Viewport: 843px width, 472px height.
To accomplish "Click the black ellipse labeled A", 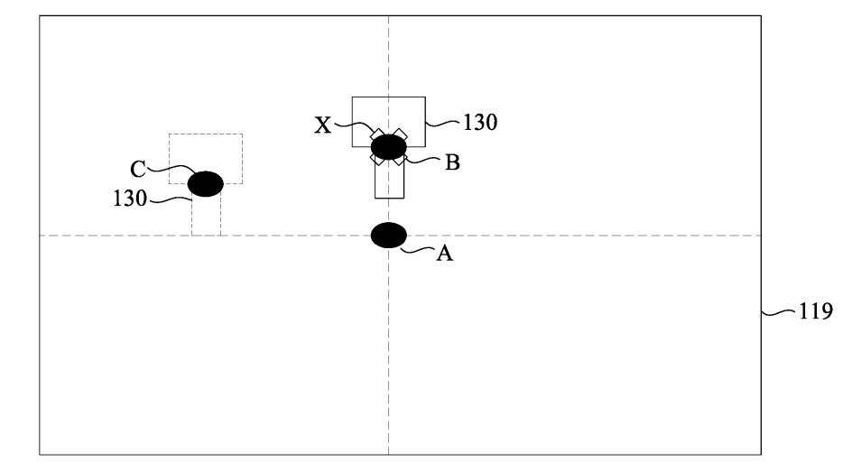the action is coord(389,235).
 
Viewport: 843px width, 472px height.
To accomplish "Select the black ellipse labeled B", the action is coord(389,147).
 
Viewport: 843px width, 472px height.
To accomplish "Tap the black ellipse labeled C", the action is coord(206,184).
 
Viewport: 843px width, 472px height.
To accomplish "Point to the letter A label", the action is coord(444,253).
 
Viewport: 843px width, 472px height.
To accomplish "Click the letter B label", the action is coord(452,162).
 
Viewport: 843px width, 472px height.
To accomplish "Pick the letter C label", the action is coord(137,170).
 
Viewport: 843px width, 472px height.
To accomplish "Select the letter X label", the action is coord(322,125).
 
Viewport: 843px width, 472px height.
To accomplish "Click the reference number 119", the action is coord(816,311).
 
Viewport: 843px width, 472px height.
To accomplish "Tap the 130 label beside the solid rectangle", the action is coord(480,123).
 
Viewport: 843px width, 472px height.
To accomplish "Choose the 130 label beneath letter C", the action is coord(130,199).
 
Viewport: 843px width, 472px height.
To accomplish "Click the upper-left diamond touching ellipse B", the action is coord(377,135).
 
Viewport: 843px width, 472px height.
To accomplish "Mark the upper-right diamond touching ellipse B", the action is coord(400,135).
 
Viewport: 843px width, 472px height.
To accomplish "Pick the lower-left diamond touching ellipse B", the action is coord(377,159).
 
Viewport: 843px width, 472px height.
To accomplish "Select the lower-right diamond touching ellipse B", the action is coord(400,159).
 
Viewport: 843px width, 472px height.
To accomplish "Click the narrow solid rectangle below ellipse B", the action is coord(389,179).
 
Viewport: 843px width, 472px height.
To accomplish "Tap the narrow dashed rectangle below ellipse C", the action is coord(206,215).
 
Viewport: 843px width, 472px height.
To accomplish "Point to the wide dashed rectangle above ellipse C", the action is coord(206,159).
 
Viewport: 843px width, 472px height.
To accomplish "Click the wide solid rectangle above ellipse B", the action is coord(389,122).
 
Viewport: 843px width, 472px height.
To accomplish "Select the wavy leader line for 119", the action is coord(779,312).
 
